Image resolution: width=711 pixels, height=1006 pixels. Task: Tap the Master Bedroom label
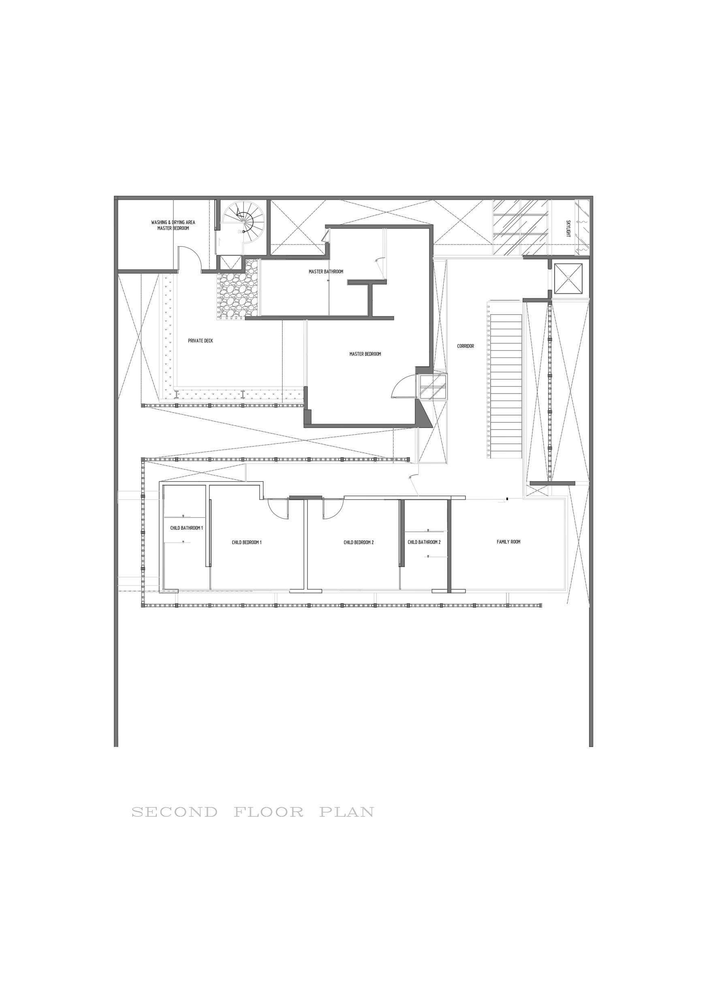click(x=365, y=354)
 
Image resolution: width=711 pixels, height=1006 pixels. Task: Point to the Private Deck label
click(x=200, y=340)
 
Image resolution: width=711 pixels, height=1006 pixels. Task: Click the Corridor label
click(x=465, y=346)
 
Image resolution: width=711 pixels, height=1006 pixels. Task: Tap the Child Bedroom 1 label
click(x=247, y=542)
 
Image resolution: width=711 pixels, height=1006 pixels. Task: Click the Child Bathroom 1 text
click(x=186, y=528)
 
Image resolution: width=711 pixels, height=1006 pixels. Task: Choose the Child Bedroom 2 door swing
click(x=333, y=510)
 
